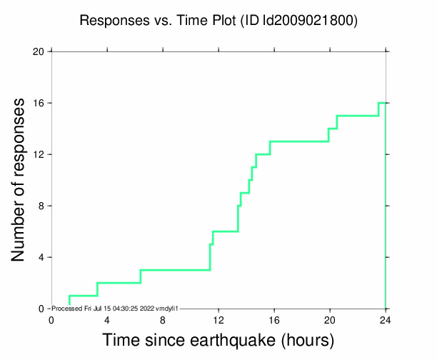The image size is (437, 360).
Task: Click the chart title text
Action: click(x=218, y=21)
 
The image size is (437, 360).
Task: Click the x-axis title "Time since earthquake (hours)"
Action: click(x=218, y=339)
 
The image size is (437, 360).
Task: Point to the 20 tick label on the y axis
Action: click(x=39, y=51)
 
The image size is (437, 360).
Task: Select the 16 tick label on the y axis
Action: click(x=39, y=103)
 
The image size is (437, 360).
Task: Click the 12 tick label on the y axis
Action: click(x=39, y=154)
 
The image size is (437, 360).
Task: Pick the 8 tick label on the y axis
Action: click(x=41, y=206)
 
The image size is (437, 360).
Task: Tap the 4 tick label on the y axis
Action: click(x=41, y=257)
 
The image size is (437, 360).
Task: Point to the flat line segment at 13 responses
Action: click(x=298, y=141)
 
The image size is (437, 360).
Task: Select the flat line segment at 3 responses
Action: click(x=175, y=270)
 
